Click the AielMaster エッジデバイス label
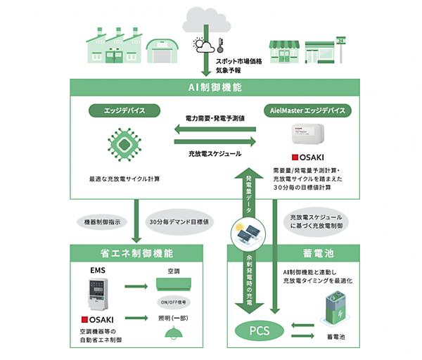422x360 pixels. coord(305,111)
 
